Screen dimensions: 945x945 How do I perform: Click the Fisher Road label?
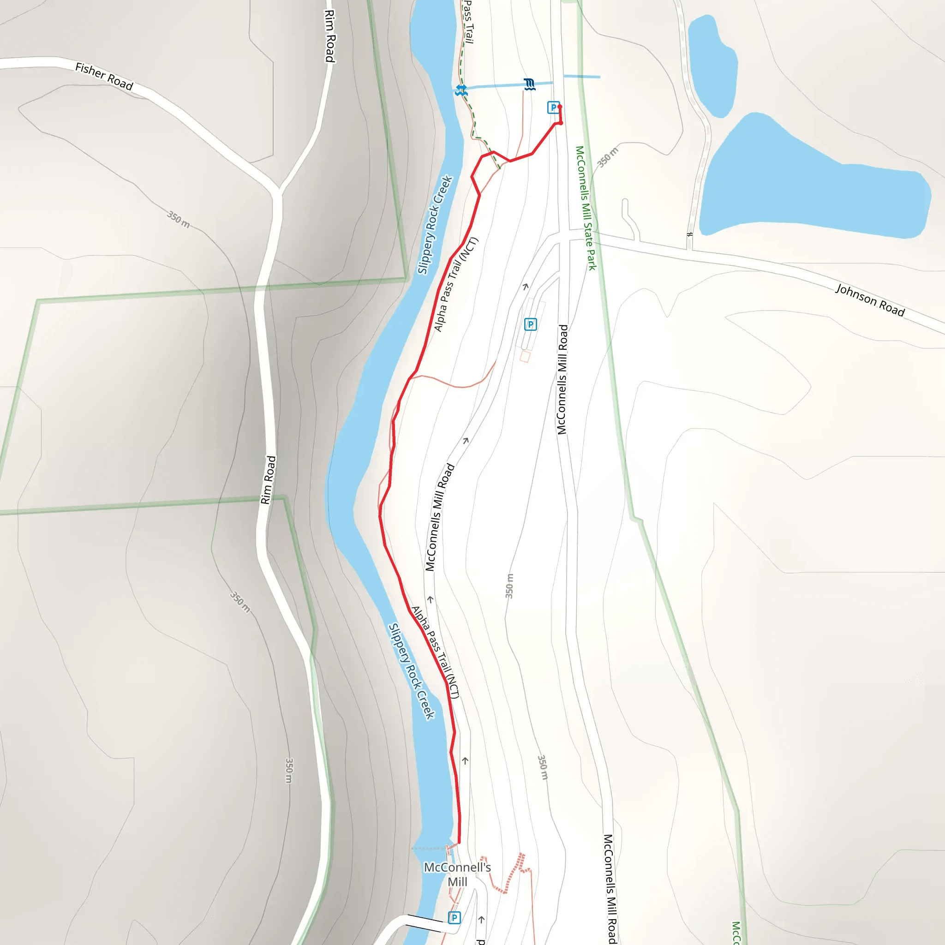[x=104, y=76]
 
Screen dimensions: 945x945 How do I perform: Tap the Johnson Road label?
[x=870, y=300]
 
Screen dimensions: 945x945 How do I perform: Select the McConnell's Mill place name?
[x=457, y=874]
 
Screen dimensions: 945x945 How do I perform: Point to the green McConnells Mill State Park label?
[x=586, y=208]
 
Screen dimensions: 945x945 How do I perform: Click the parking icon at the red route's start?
[x=553, y=107]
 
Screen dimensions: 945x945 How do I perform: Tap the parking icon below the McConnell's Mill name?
[x=454, y=918]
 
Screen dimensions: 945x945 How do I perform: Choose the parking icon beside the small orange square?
[x=530, y=324]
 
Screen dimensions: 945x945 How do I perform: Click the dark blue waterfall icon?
[x=529, y=84]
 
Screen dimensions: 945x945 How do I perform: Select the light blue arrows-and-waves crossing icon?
[x=461, y=90]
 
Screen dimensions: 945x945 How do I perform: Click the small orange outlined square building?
[x=525, y=357]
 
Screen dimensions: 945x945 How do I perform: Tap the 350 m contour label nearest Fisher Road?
[x=178, y=220]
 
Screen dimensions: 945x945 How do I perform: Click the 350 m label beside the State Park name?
[x=608, y=157]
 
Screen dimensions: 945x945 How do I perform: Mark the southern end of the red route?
[x=458, y=843]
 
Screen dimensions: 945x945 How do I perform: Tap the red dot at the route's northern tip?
[x=560, y=107]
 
